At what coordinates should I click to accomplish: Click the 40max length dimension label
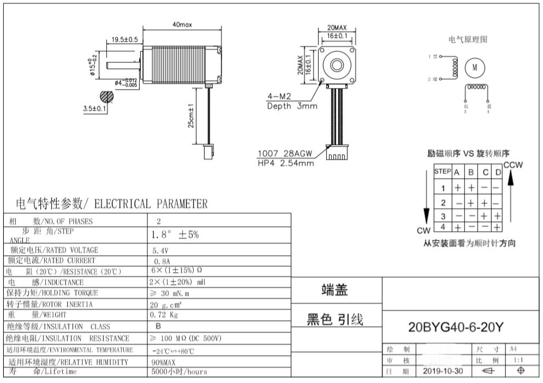[x=183, y=25]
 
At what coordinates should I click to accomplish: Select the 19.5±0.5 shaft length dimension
[x=124, y=39]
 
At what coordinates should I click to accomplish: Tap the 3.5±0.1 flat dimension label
[x=94, y=109]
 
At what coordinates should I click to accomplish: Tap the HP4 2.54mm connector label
[x=285, y=163]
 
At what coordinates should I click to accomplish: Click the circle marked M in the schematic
[x=474, y=67]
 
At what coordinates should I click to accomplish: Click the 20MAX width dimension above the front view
[x=337, y=27]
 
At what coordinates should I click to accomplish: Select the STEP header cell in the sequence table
[x=442, y=172]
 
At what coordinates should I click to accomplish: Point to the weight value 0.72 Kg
[x=164, y=315]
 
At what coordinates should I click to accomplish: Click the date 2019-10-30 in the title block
[x=443, y=371]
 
